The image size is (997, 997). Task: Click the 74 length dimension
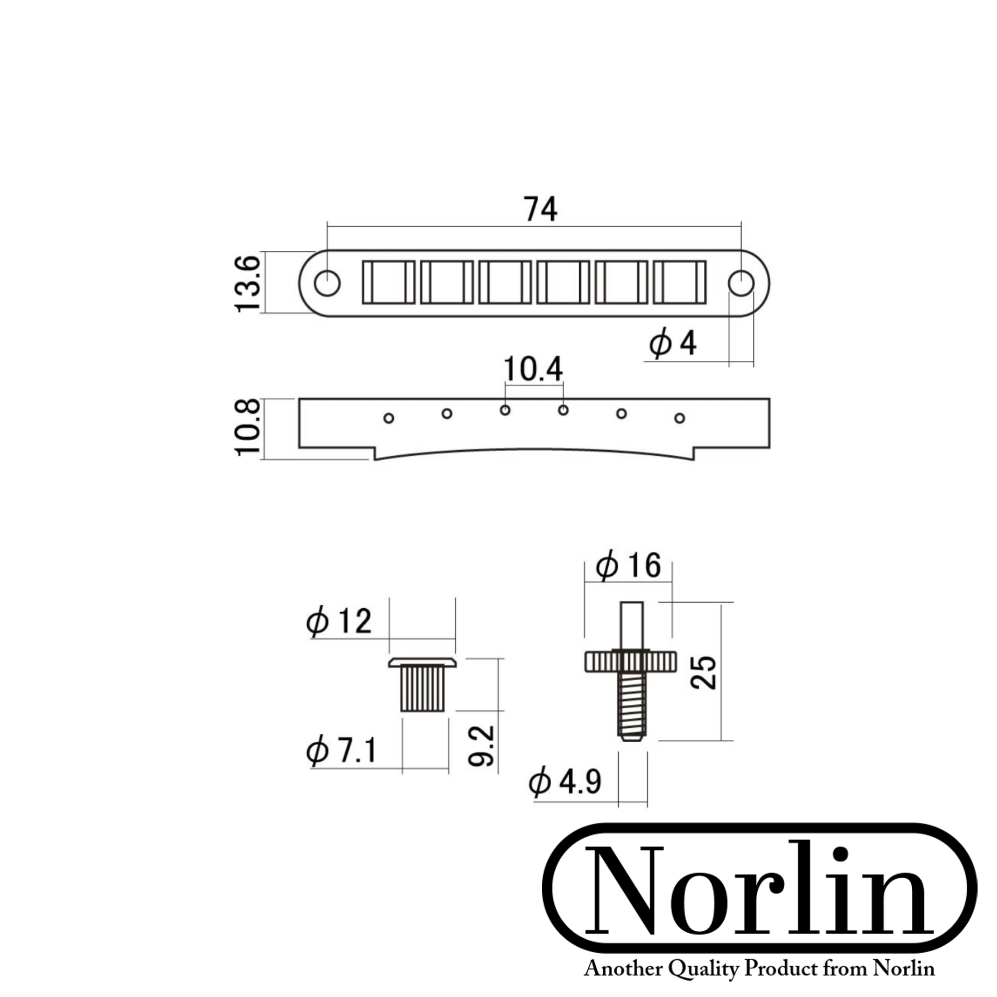click(540, 209)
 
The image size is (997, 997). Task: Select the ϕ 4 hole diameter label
click(673, 343)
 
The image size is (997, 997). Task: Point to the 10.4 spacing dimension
click(533, 369)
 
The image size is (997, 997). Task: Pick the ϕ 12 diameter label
click(339, 621)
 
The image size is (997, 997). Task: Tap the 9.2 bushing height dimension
click(482, 746)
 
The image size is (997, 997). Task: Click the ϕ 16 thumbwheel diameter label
click(628, 565)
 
